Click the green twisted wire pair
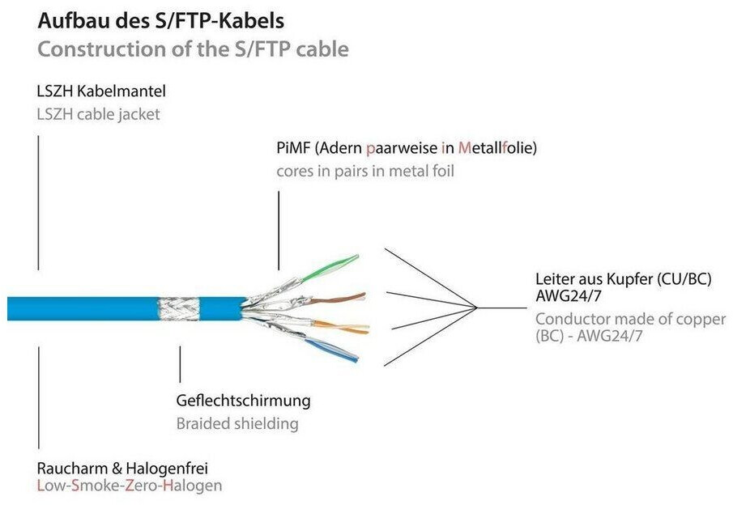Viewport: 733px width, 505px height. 330,268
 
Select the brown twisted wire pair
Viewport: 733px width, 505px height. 338,299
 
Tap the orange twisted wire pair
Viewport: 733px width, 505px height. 341,327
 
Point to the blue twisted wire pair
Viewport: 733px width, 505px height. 332,350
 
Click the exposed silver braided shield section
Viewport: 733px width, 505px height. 178,309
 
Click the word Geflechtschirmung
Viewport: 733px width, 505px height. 243,401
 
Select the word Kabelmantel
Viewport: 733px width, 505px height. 121,91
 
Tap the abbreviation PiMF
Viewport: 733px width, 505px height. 293,148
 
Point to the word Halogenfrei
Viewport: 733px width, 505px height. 167,468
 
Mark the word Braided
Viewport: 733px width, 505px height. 202,424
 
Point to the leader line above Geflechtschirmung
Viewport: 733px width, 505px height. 180,364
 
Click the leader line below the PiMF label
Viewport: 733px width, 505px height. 279,231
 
